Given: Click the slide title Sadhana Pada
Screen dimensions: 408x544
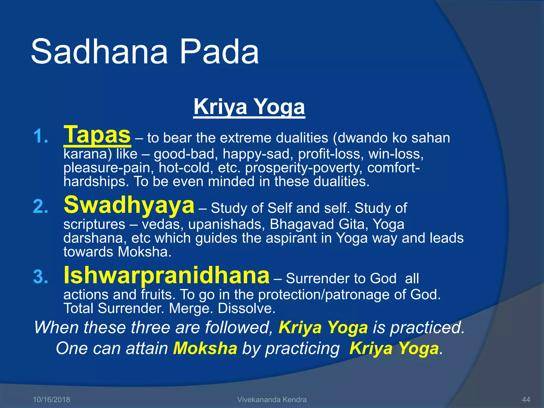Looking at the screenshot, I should [145, 52].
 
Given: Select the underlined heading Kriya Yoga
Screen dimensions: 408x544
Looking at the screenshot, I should [249, 107].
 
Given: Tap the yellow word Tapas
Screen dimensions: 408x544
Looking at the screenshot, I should [97, 135].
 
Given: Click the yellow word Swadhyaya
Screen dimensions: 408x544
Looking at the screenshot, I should [129, 205].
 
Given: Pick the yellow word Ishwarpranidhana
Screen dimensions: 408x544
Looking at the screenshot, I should [167, 275].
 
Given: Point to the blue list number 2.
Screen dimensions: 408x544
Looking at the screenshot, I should [40, 207].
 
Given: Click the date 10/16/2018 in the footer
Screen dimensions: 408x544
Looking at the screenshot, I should [51, 399].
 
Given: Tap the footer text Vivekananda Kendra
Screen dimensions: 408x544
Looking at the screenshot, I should [272, 399].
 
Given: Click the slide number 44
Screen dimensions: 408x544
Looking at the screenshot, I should [526, 399].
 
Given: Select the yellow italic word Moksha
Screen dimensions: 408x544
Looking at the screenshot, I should [205, 348].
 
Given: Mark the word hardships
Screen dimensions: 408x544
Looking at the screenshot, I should [96, 182].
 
